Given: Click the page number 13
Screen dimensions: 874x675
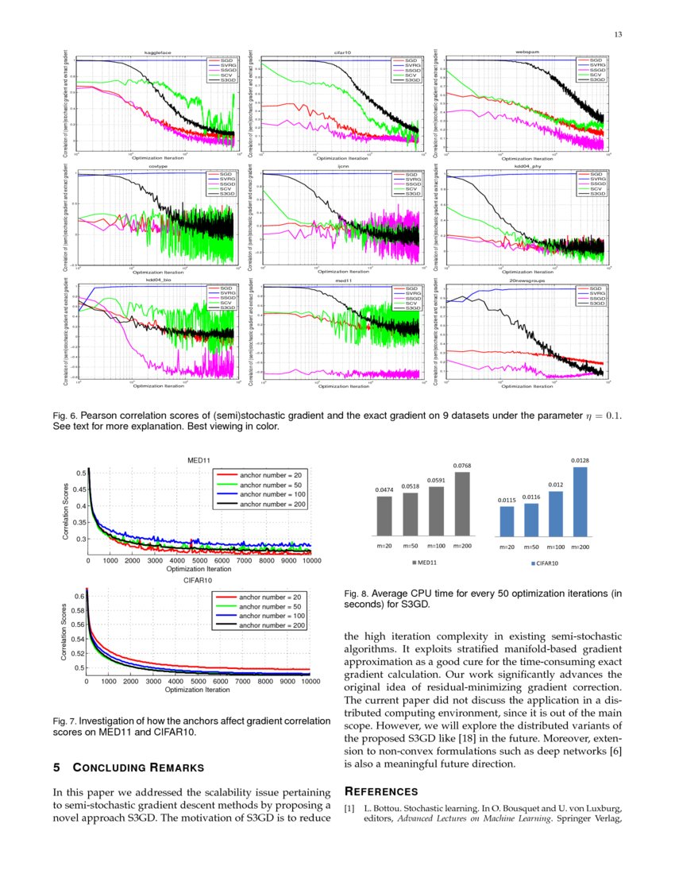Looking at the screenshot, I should click(x=619, y=33).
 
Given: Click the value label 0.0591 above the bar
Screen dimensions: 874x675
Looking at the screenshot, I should click(x=436, y=480).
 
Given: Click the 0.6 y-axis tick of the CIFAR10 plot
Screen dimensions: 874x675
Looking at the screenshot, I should click(x=76, y=596).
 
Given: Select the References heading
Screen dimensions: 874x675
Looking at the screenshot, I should click(x=380, y=791).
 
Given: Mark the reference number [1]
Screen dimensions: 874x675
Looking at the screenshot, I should click(x=350, y=809).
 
